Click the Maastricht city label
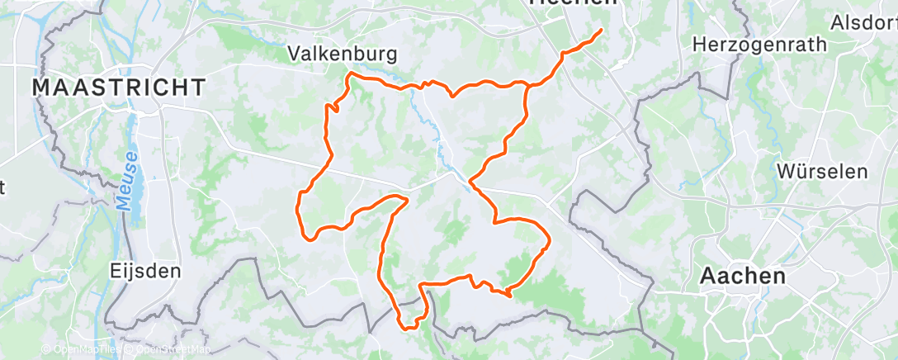click(119, 87)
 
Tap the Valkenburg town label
click(342, 54)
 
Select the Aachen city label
click(743, 277)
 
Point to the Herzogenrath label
click(759, 44)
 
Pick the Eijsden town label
click(144, 270)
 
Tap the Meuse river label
click(130, 185)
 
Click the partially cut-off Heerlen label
click(573, 3)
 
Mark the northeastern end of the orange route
click(600, 31)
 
